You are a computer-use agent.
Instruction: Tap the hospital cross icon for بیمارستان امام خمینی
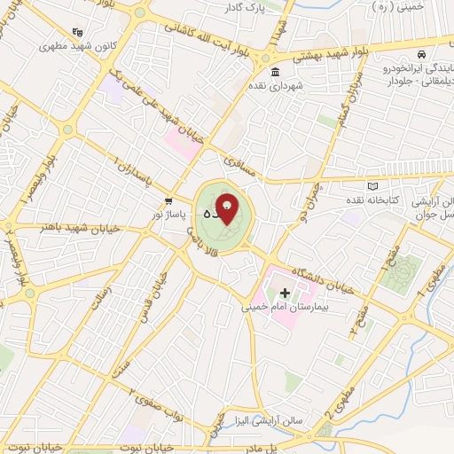pos(285,292)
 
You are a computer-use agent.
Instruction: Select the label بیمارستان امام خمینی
pos(286,307)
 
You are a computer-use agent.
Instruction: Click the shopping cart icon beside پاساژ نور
pos(168,200)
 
